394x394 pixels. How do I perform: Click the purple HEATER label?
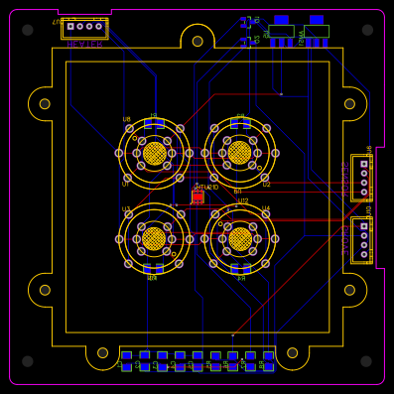coord(84,45)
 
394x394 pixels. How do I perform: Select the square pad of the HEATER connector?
coord(70,27)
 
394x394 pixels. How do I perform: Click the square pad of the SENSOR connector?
coord(364,164)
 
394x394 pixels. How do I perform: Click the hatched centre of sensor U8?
coord(154,153)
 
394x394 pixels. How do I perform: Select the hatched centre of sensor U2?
coord(239,153)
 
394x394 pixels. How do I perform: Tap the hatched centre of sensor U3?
coord(154,238)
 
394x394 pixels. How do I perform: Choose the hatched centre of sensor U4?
coord(239,238)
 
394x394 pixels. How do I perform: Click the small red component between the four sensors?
coord(197,197)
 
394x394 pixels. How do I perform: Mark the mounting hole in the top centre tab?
coord(197,41)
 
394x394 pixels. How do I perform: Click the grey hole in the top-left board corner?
coord(28,30)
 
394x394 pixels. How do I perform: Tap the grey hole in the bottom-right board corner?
coord(367,361)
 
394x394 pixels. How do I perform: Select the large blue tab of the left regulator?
coord(281,19)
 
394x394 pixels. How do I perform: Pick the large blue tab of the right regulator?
coord(316,19)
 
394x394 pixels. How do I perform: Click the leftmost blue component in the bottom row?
coord(127,360)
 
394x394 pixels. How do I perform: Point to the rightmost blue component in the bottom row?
coord(268,360)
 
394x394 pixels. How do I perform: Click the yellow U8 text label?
coord(126,119)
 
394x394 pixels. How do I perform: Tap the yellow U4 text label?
coord(265,209)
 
